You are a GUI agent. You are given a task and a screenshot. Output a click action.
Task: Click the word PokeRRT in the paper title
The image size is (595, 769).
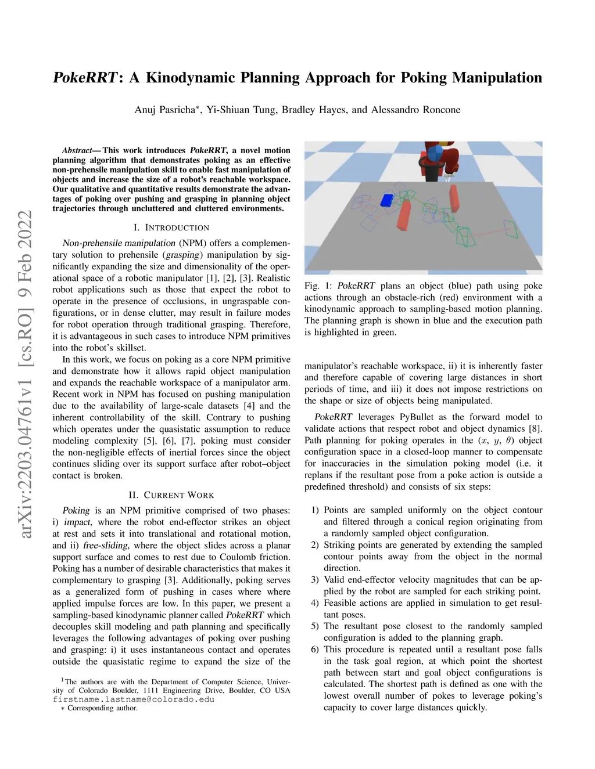click(85, 78)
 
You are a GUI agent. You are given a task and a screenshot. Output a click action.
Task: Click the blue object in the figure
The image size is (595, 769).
click(386, 200)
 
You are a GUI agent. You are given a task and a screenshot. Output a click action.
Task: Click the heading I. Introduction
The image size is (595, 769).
click(171, 228)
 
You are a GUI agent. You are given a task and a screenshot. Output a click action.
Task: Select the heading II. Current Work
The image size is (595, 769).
click(171, 495)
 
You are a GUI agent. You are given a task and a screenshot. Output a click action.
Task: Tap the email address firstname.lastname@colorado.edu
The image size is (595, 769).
click(134, 699)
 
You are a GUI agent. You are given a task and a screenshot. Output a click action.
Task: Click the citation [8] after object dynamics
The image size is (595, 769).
click(535, 428)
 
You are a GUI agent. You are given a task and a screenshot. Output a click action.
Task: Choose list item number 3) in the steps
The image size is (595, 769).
click(315, 579)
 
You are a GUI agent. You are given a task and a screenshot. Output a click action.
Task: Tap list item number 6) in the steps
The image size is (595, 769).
click(315, 649)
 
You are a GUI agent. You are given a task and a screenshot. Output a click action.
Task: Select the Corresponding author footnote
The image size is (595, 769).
click(102, 708)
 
